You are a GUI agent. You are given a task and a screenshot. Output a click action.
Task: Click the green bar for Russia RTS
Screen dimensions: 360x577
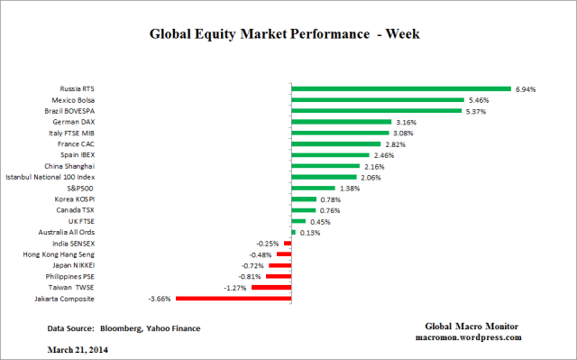point(401,89)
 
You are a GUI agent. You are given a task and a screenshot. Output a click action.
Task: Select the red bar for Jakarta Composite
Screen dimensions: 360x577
point(234,298)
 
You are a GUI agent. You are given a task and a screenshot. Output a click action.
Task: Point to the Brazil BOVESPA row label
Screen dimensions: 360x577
point(69,111)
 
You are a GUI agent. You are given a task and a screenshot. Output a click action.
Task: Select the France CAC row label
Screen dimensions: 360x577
point(77,143)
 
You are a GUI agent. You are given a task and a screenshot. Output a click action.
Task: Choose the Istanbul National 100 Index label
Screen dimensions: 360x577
point(56,177)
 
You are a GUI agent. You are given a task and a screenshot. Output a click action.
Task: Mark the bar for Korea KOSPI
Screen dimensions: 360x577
point(304,198)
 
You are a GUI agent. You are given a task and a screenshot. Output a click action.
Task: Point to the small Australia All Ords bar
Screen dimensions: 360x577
point(293,232)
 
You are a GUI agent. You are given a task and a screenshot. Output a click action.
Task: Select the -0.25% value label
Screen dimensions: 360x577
point(267,243)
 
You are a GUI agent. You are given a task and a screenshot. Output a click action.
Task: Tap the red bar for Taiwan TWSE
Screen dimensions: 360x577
point(271,287)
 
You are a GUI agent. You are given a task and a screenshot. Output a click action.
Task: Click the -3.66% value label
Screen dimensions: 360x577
point(160,299)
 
